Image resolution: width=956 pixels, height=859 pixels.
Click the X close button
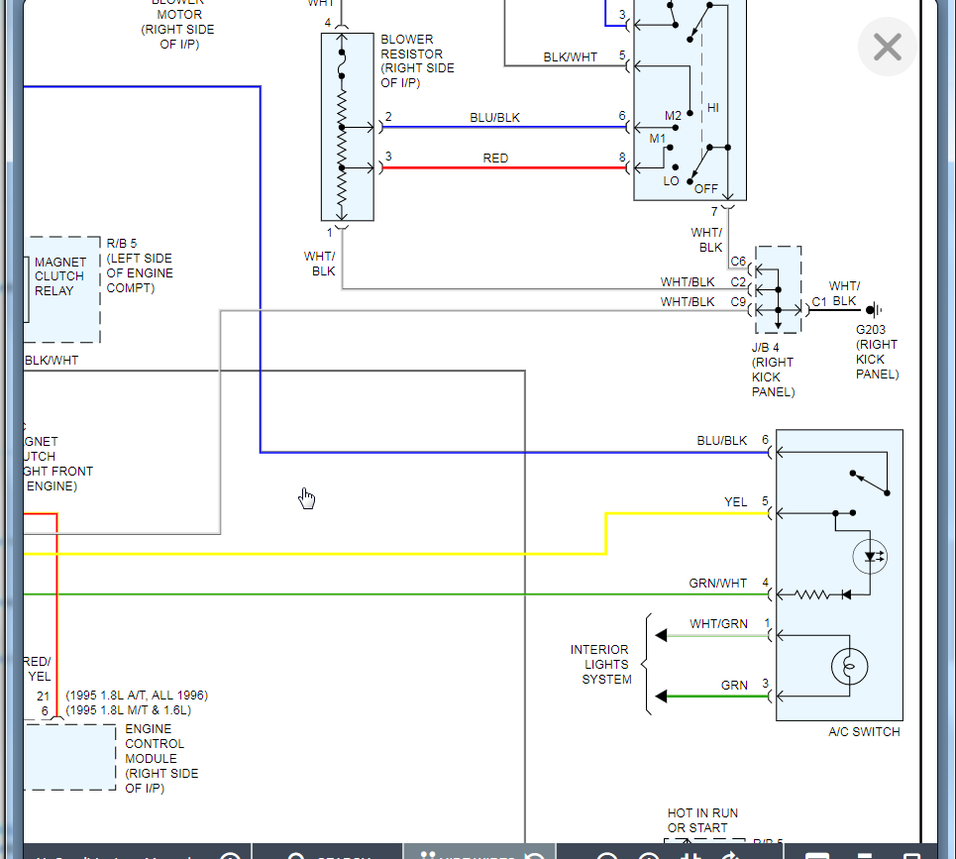(x=887, y=47)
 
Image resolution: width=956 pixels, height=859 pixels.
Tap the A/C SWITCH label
(x=864, y=732)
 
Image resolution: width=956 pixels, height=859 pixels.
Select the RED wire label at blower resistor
(x=495, y=159)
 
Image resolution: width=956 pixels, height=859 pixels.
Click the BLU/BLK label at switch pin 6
(x=722, y=441)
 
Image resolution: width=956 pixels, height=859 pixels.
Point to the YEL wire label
(x=735, y=502)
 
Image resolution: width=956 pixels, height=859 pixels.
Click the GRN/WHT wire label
(x=718, y=584)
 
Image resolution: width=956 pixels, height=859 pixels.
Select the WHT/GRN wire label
(x=718, y=624)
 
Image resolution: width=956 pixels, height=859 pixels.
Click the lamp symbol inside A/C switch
(x=847, y=667)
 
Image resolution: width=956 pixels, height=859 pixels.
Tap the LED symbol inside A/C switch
(x=871, y=557)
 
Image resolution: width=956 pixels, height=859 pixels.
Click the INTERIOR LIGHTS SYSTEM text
(x=599, y=665)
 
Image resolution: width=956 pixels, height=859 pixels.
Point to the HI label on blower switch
(x=712, y=107)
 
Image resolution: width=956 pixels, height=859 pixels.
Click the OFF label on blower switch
(x=705, y=188)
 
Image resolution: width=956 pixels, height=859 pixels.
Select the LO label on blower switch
(x=671, y=181)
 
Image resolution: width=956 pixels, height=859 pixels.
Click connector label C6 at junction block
(x=738, y=263)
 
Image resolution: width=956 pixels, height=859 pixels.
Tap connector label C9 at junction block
(x=738, y=302)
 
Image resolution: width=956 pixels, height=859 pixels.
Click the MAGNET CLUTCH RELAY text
(x=59, y=276)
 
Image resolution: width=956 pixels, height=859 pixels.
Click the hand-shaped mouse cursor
(x=307, y=497)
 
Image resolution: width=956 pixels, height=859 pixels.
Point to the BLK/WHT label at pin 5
(x=570, y=57)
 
